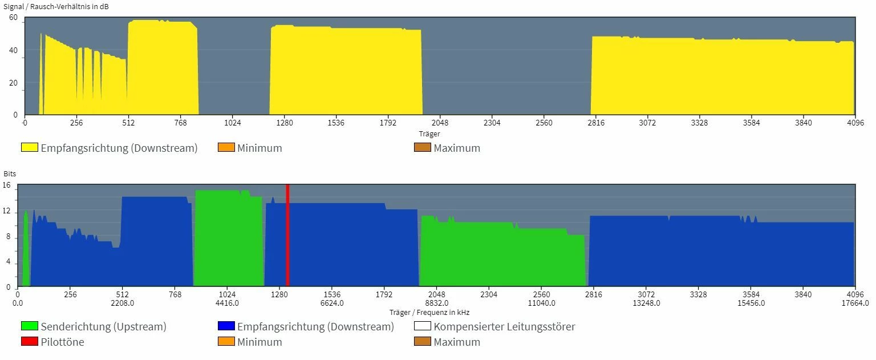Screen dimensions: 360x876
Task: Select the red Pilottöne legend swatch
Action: click(x=29, y=342)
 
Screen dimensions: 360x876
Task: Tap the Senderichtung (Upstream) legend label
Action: click(x=103, y=327)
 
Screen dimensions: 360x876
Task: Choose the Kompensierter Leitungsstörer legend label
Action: click(x=504, y=327)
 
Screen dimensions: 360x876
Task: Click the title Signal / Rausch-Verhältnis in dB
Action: click(x=56, y=7)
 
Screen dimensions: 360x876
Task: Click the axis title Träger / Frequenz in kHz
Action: click(x=429, y=312)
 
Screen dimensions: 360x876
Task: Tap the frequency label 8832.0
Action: click(x=437, y=303)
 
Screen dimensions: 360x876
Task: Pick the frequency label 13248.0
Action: click(x=646, y=303)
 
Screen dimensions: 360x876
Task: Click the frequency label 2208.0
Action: click(x=123, y=303)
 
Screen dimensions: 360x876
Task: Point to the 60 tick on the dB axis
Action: click(x=14, y=18)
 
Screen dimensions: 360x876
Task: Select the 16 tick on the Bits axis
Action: click(x=7, y=185)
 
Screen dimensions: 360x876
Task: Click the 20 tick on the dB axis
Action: click(x=14, y=83)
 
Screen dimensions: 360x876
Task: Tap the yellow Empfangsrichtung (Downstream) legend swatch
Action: click(x=29, y=148)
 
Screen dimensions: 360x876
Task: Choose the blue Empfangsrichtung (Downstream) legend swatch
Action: click(x=226, y=327)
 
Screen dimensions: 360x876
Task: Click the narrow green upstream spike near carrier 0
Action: click(x=26, y=251)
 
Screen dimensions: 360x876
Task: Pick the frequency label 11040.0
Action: click(x=542, y=303)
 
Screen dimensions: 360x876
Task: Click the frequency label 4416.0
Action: click(x=228, y=303)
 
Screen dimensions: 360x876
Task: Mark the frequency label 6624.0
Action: click(x=332, y=303)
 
